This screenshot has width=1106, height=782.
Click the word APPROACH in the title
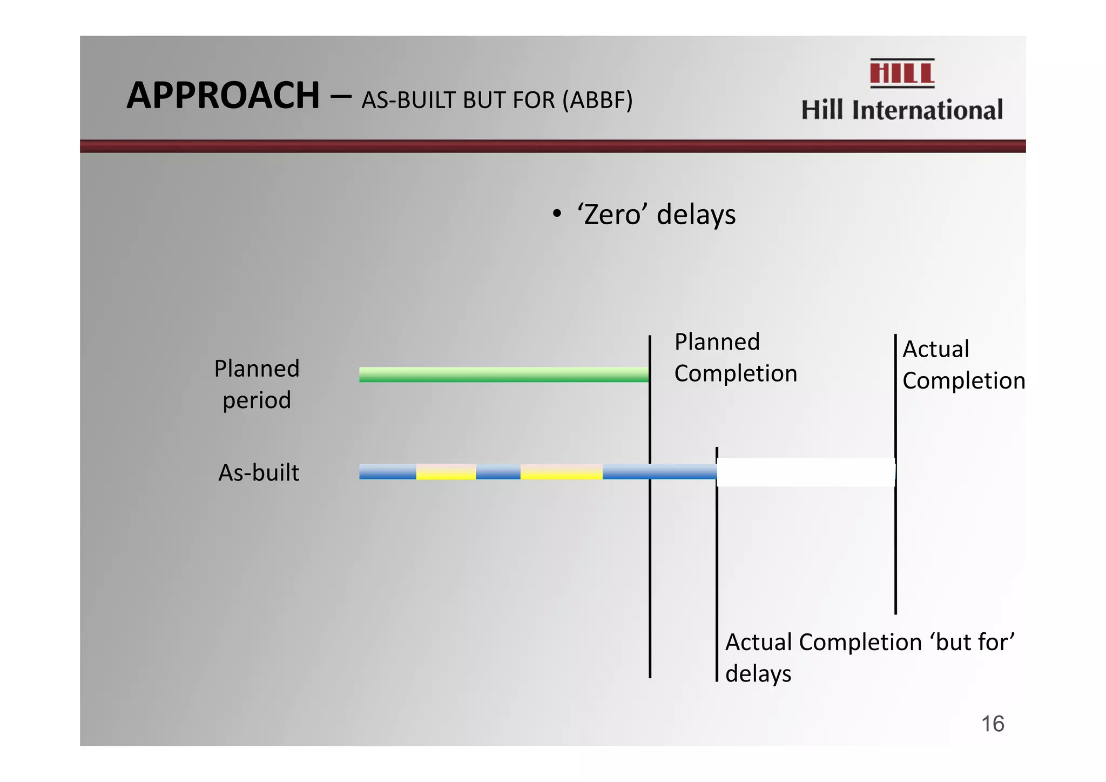[223, 96]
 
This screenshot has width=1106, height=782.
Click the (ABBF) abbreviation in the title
[597, 101]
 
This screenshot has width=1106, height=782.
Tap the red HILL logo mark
[902, 73]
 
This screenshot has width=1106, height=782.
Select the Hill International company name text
[902, 110]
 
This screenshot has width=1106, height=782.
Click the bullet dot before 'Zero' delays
[557, 214]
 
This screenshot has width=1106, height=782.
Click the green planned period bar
[503, 375]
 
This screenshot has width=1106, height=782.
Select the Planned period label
[257, 384]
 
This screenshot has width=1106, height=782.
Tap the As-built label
[259, 473]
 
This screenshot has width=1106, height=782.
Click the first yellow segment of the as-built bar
[446, 472]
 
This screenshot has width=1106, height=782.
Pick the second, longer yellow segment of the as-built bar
[561, 472]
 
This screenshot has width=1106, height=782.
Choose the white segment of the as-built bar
[805, 472]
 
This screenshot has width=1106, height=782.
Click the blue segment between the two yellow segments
[498, 472]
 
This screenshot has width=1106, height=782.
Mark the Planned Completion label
[735, 358]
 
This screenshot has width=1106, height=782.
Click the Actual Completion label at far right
[963, 365]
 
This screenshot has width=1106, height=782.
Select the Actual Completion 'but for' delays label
[869, 658]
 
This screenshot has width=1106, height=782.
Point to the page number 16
[992, 724]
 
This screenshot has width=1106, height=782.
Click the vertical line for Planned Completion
[650, 567]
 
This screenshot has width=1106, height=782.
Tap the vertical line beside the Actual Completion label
[895, 540]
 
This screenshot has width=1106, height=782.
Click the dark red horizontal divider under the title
[552, 146]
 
